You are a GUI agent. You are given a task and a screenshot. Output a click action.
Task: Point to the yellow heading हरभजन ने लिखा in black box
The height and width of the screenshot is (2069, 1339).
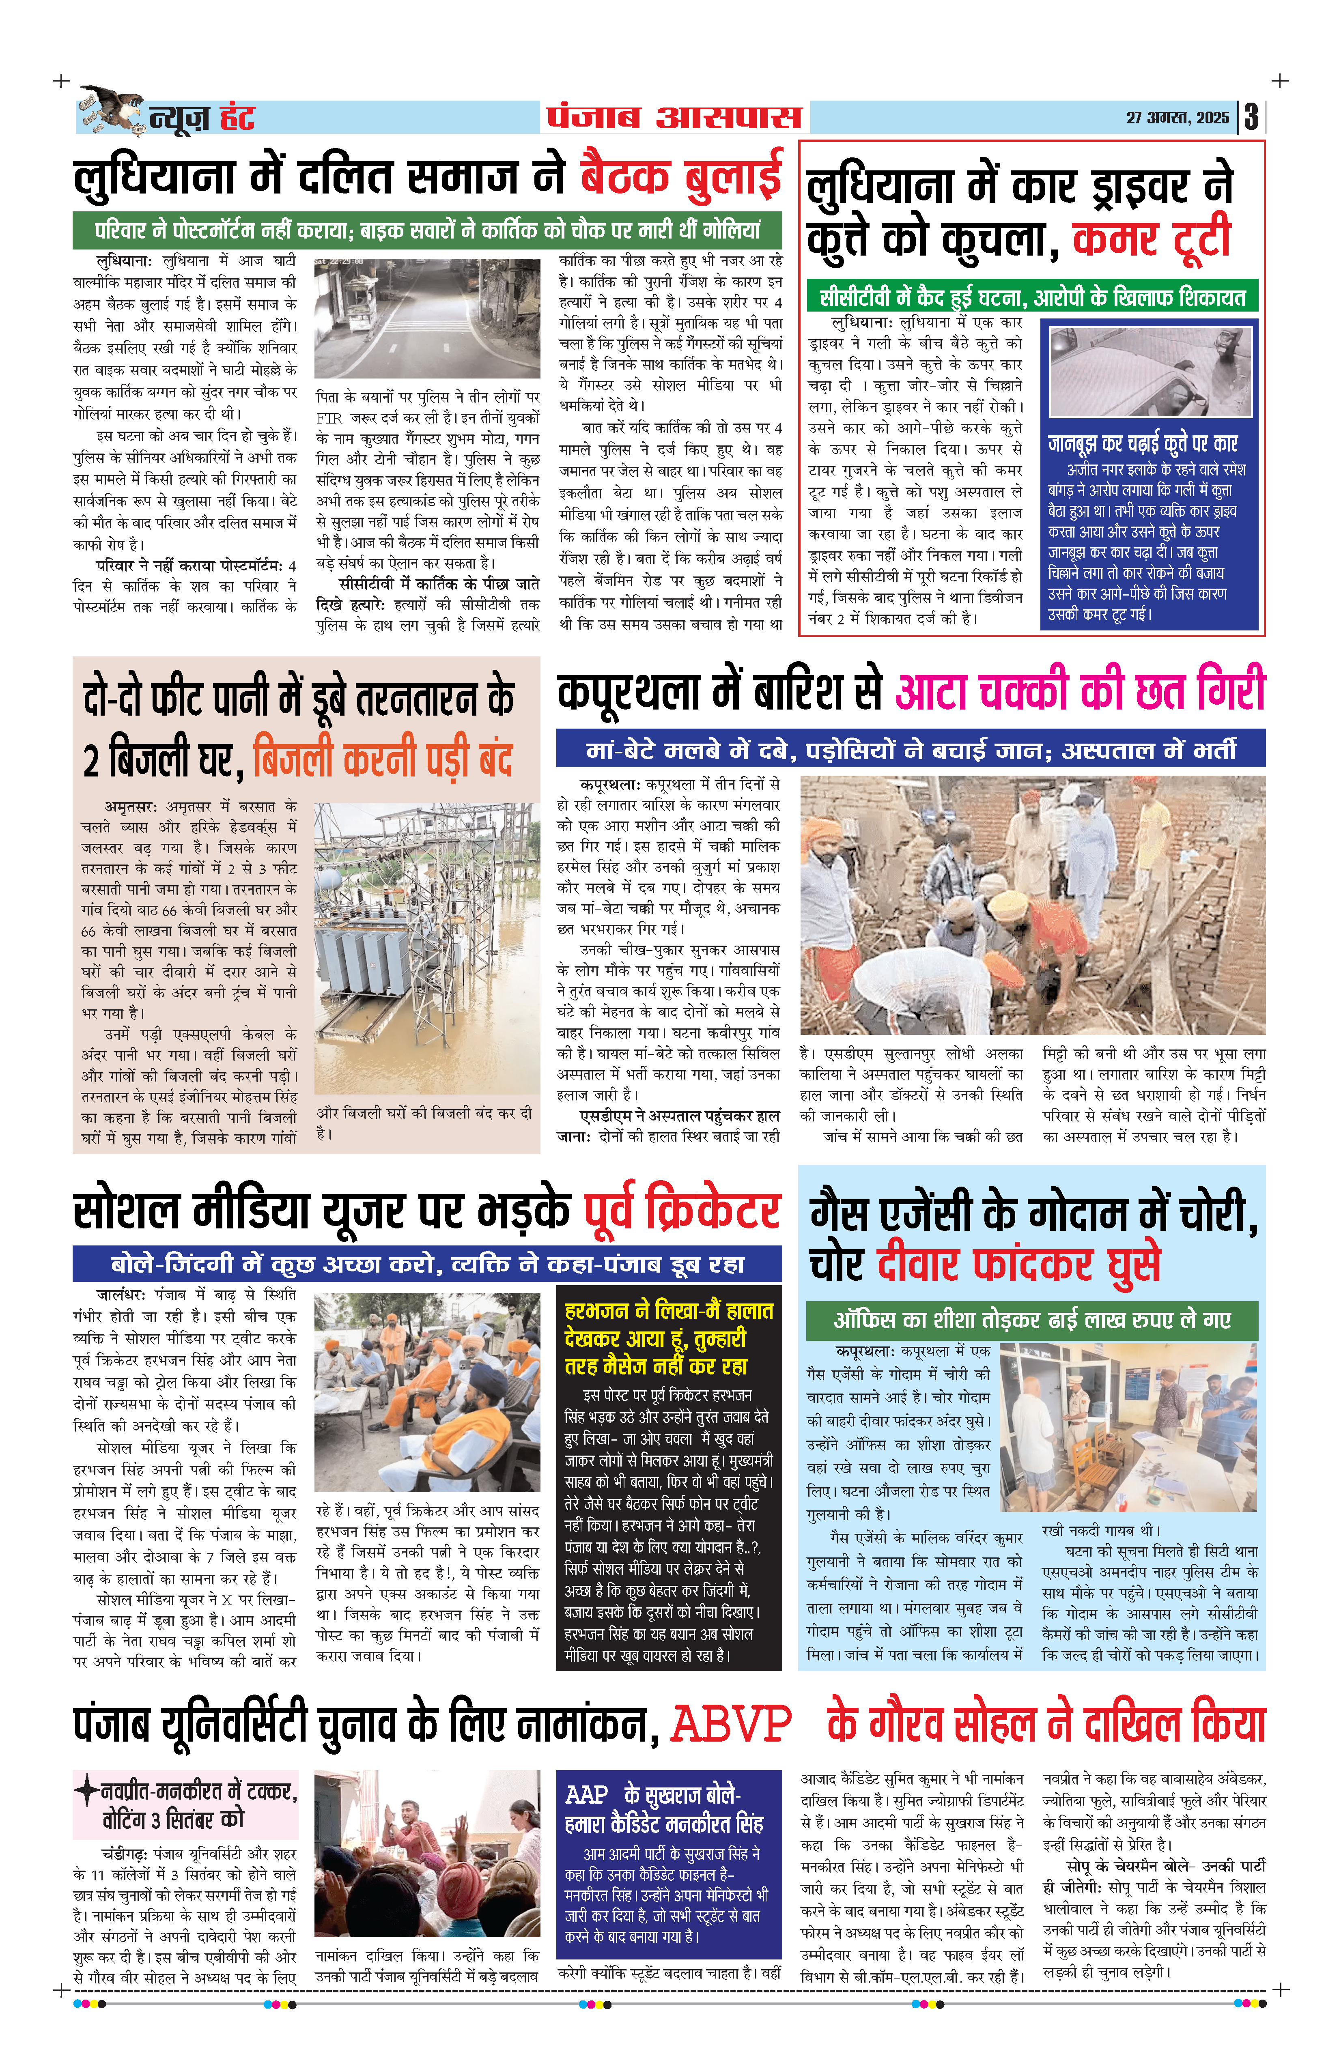click(x=668, y=1338)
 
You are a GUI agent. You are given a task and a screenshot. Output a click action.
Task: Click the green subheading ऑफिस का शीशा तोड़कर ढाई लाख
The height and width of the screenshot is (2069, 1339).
click(x=1031, y=1320)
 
